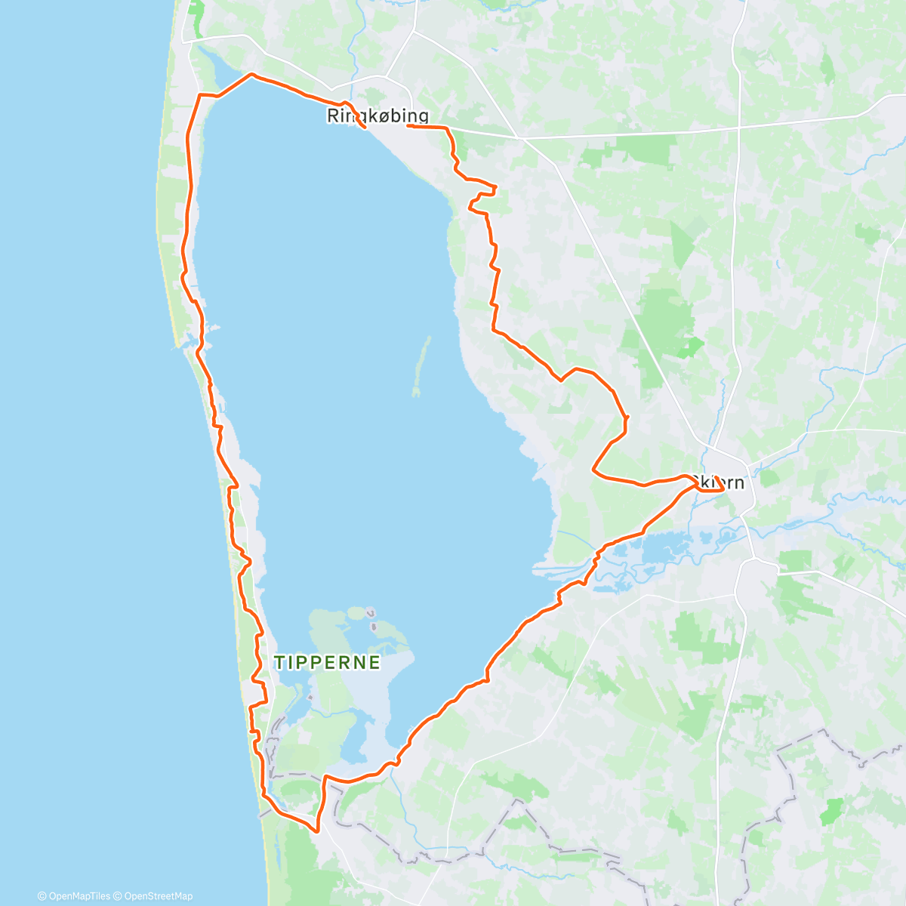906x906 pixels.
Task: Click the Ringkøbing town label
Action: click(x=377, y=116)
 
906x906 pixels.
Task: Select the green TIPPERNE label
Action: click(x=327, y=663)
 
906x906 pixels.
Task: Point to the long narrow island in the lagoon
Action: click(x=421, y=366)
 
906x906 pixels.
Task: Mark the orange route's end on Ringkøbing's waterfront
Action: click(x=365, y=128)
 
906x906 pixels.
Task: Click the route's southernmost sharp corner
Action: click(x=317, y=830)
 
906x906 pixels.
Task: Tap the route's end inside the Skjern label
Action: click(x=723, y=488)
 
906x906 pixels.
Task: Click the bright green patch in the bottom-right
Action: click(x=831, y=812)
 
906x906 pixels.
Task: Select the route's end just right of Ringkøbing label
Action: click(x=408, y=126)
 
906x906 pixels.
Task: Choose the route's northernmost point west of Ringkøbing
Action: click(x=251, y=75)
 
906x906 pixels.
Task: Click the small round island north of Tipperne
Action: click(x=371, y=612)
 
